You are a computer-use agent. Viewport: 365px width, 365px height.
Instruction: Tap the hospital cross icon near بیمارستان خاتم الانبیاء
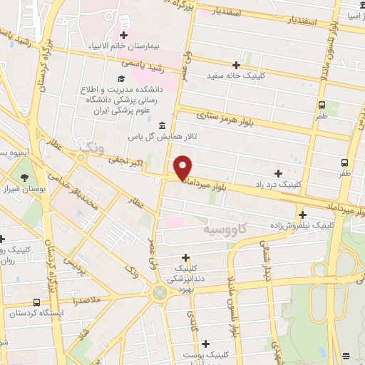click(124, 35)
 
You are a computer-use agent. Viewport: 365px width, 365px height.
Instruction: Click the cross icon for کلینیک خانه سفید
click(236, 65)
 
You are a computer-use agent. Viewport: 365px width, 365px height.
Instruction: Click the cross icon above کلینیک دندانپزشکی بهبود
click(186, 257)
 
